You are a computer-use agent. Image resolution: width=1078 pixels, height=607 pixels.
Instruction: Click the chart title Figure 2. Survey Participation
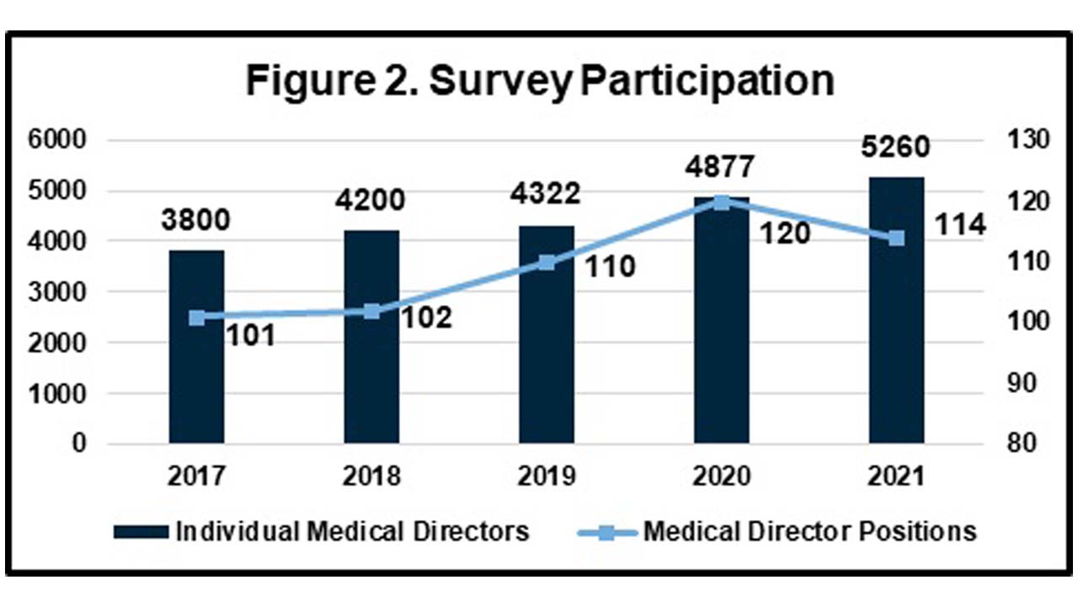(539, 82)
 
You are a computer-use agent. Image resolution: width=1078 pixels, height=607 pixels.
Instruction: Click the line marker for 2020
(721, 202)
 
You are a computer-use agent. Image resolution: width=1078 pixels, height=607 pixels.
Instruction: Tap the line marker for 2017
(196, 318)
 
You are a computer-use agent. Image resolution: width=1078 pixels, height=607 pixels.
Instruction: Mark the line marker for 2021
(896, 238)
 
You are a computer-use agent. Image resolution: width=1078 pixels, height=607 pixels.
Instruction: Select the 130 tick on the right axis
(1021, 140)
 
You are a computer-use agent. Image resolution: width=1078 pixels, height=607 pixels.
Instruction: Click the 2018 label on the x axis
(371, 476)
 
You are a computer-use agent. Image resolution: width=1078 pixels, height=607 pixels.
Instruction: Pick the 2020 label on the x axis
(721, 476)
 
